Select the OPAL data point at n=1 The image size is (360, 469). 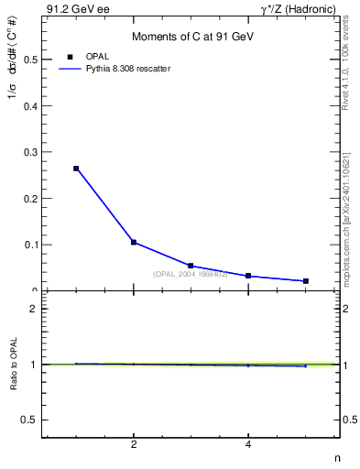click(x=76, y=169)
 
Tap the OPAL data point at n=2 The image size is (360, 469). click(x=134, y=242)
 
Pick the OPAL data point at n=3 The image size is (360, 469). click(x=191, y=266)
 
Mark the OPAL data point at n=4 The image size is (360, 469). click(x=248, y=276)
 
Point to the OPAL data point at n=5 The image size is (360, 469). click(x=305, y=281)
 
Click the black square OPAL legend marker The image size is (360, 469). click(x=71, y=57)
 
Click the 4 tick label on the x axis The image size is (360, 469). click(x=248, y=445)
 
